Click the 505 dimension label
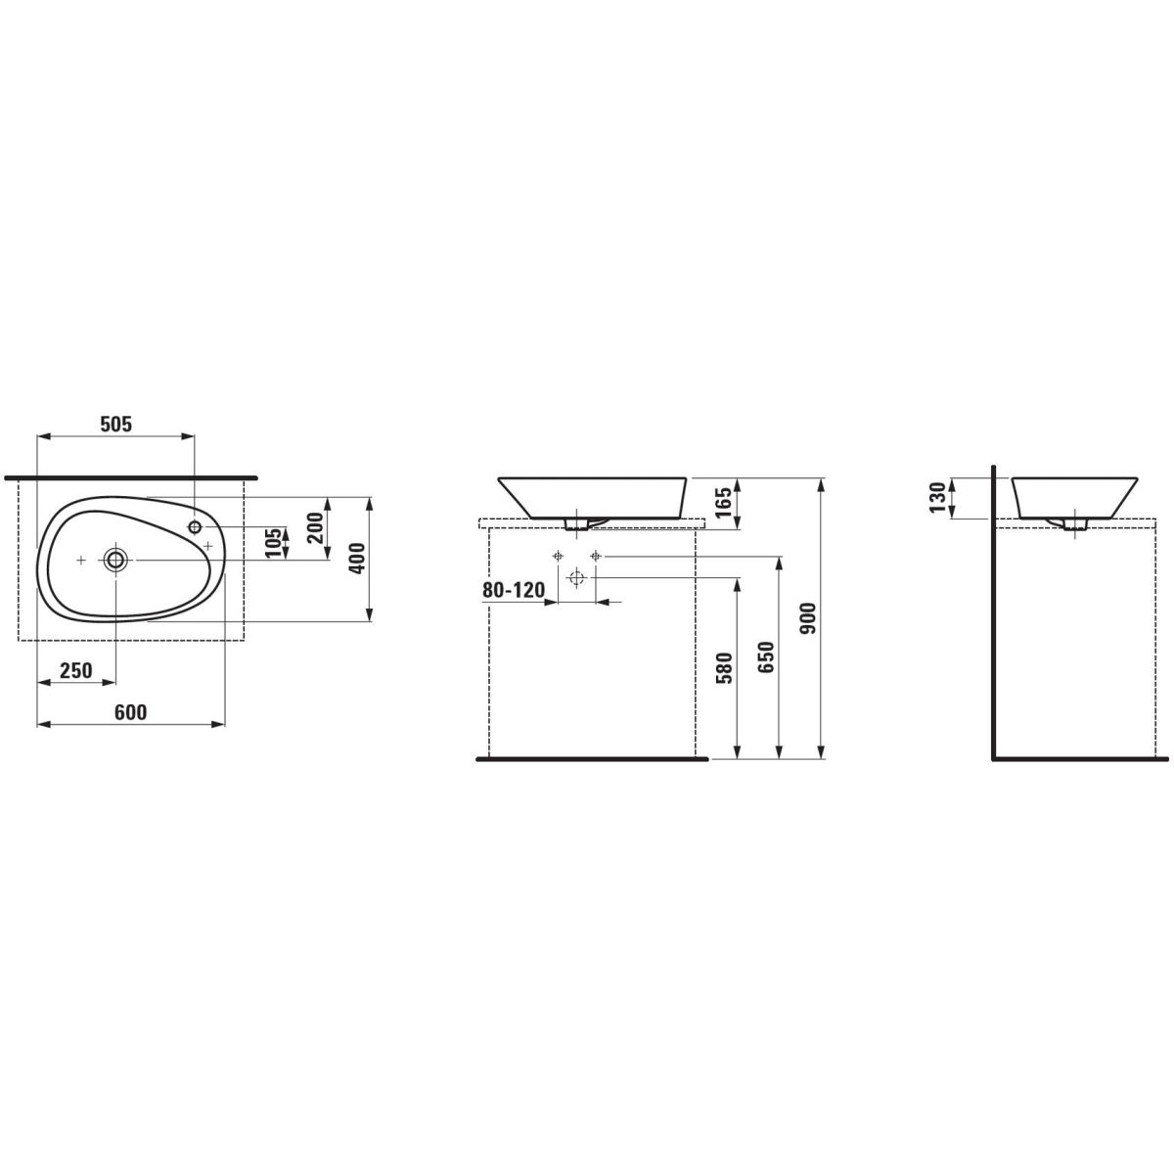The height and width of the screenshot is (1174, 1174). [115, 424]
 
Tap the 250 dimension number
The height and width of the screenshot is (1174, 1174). [76, 670]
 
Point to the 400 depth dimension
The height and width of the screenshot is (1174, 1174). [358, 558]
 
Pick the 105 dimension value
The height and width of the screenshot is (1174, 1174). [274, 542]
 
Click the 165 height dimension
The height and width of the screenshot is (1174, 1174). [722, 503]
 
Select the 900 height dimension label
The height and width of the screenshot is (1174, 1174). [807, 619]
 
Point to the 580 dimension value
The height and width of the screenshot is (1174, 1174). [724, 668]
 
